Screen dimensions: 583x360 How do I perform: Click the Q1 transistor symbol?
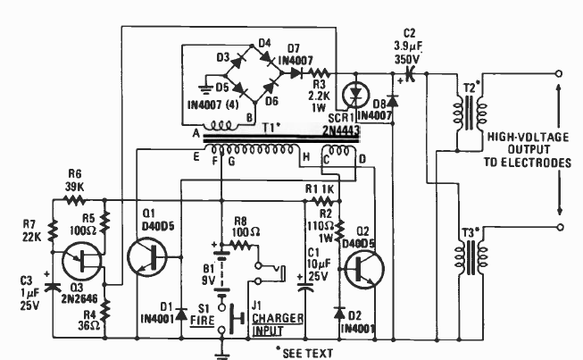[x=146, y=257]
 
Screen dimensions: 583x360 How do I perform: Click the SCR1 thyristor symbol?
[x=356, y=96]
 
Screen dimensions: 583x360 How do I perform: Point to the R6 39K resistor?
[x=76, y=200]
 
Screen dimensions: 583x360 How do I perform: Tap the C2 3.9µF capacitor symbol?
[x=410, y=73]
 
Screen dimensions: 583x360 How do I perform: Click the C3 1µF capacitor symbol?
[x=53, y=287]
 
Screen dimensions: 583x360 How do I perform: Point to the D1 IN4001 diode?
[x=181, y=314]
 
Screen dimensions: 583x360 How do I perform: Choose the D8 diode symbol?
[x=393, y=101]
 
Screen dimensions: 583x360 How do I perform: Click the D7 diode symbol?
[x=296, y=73]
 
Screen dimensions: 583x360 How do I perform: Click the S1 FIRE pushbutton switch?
[x=230, y=319]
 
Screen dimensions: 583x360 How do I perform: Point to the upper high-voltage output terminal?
[x=559, y=73]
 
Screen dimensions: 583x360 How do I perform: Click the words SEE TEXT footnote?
[x=308, y=353]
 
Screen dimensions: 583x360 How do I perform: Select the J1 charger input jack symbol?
[x=270, y=273]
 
